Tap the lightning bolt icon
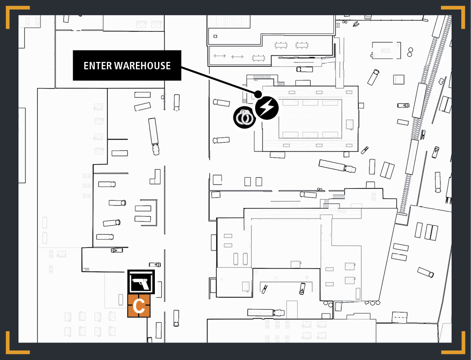coord(267,108)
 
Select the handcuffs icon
coord(245,117)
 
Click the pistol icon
coord(141,282)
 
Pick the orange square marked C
coord(139,305)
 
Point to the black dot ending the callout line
coord(258,94)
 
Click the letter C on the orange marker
coord(139,306)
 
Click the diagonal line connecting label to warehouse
coord(218,80)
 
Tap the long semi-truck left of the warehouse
coord(153,136)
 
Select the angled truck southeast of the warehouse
coord(337,166)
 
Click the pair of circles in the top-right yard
coord(410,52)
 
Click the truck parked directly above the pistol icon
coord(155,265)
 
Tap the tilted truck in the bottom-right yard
coord(425,272)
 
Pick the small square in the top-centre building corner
coord(215,37)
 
